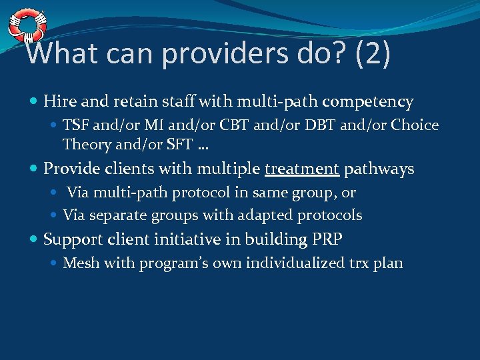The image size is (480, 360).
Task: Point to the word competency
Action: coord(368,103)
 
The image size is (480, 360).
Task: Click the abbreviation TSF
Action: coord(76,125)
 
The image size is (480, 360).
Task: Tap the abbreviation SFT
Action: coord(179,144)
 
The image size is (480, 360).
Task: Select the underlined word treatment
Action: coord(302,169)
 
